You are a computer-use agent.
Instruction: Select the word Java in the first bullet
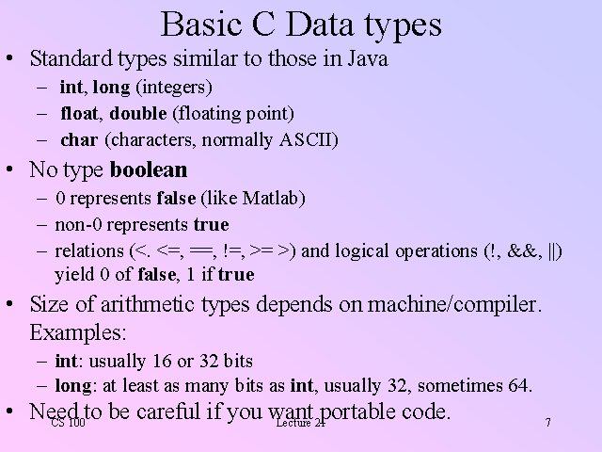[x=368, y=58]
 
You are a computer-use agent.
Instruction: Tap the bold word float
[x=79, y=113]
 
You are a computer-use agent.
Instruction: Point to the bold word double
[x=138, y=113]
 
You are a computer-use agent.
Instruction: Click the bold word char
[x=79, y=140]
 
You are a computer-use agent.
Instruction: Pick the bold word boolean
[x=149, y=169]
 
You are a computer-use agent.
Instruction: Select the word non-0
[x=78, y=225]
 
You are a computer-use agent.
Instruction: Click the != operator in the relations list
[x=231, y=251]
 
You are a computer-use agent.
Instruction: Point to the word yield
[x=74, y=275]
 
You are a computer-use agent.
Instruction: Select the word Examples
[x=76, y=332]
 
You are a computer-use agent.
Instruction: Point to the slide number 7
[x=547, y=423]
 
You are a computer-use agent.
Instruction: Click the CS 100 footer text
[x=68, y=423]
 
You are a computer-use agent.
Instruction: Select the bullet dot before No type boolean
[x=10, y=169]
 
